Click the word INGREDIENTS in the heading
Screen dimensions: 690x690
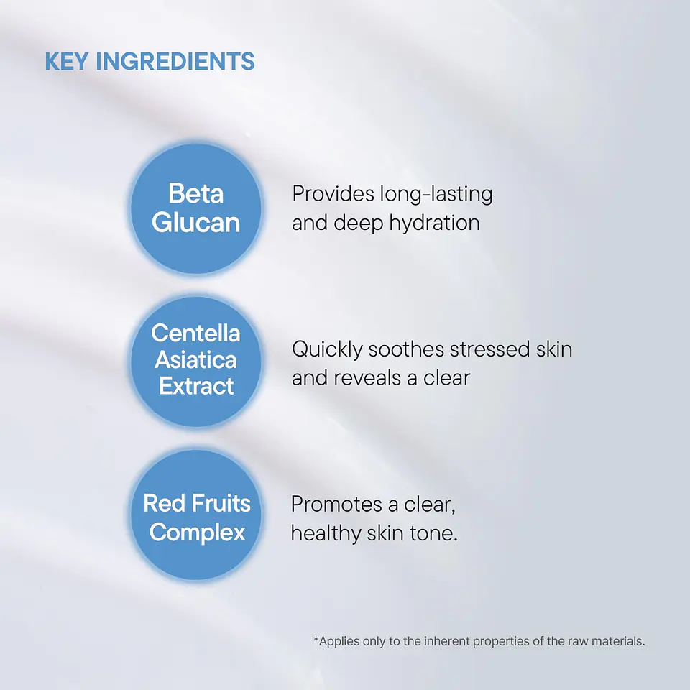(175, 62)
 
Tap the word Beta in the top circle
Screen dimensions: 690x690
(196, 193)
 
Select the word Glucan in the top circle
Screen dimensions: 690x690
(196, 223)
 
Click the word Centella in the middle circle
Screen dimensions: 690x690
(196, 333)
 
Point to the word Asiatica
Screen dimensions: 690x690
(196, 359)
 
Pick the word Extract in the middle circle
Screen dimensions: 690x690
(196, 386)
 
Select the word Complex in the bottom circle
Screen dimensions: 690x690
(198, 533)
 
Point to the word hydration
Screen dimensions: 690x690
(434, 223)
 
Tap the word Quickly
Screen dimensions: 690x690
(327, 350)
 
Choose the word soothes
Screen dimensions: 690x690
(406, 350)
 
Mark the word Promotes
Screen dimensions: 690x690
(335, 505)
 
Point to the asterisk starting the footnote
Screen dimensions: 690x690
(316, 640)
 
